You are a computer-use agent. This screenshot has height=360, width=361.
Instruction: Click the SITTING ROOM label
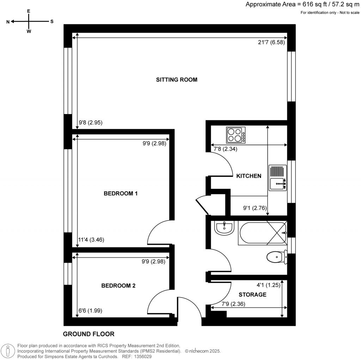(x=177, y=80)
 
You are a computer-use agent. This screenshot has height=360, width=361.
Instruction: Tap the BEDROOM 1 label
(x=121, y=193)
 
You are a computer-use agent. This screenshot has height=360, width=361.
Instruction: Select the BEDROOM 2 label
(x=118, y=286)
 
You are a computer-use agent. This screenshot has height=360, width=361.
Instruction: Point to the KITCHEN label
(x=249, y=176)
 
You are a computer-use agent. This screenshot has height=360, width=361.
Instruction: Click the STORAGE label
(x=252, y=295)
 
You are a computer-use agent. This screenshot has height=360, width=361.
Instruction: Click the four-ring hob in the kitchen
(x=236, y=135)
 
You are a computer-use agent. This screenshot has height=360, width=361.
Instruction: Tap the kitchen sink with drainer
(x=278, y=178)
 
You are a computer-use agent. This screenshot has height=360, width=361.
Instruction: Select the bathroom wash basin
(x=224, y=228)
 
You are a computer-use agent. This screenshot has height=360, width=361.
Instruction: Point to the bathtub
(x=262, y=233)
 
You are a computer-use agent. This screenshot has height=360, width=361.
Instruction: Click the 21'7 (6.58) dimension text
(x=271, y=42)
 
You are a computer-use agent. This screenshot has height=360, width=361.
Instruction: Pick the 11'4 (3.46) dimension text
(x=91, y=240)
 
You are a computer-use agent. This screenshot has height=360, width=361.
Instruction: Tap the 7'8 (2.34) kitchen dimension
(x=225, y=149)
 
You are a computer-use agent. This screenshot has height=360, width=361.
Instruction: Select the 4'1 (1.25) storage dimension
(x=268, y=285)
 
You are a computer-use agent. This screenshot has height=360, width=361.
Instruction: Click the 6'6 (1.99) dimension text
(x=90, y=311)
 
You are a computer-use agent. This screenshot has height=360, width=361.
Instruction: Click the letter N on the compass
(x=8, y=22)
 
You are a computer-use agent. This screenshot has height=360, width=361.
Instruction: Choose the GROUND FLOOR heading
(x=88, y=334)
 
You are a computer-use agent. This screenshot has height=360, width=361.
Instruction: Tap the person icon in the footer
(x=8, y=352)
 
